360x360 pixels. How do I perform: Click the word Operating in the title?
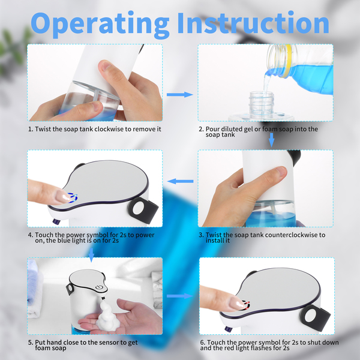[x=100, y=24]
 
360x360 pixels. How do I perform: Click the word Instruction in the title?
[x=253, y=23]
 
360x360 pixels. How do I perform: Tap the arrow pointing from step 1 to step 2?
[x=180, y=94]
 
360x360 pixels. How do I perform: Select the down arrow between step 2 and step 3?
[x=271, y=140]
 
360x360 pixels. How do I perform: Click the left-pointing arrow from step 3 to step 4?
[x=180, y=181]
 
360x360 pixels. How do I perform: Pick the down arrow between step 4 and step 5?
[x=91, y=255]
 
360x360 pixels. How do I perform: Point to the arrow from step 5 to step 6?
[x=180, y=296]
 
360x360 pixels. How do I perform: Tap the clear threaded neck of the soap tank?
[x=262, y=104]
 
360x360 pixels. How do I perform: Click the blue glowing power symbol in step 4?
[x=73, y=197]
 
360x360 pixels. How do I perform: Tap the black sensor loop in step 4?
[x=143, y=210]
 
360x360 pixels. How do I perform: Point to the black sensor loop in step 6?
[x=315, y=318]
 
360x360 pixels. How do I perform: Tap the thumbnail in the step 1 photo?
[x=105, y=65]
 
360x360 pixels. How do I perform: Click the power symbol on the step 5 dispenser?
[x=99, y=287]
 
